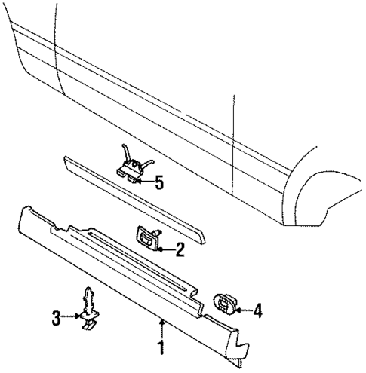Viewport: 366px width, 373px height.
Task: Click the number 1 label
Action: click(160, 348)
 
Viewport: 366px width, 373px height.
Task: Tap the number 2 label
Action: click(179, 249)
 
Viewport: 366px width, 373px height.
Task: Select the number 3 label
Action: click(55, 318)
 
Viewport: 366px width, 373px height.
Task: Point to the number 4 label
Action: click(257, 308)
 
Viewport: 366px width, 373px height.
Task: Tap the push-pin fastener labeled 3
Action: click(89, 309)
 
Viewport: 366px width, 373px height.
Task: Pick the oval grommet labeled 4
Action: click(224, 303)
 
